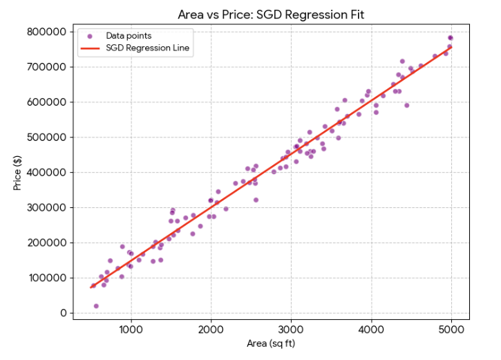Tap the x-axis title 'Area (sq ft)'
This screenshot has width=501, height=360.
(x=271, y=343)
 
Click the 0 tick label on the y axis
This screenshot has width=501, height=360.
(x=63, y=314)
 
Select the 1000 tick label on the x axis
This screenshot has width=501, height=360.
(x=131, y=328)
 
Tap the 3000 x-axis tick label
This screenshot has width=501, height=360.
(x=291, y=328)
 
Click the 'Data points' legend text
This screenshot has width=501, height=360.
(x=129, y=35)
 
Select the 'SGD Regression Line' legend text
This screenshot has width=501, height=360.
(x=148, y=48)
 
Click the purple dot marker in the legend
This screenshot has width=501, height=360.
(x=90, y=35)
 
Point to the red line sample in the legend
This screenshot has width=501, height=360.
(x=90, y=48)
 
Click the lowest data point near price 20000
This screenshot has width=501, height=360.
(x=96, y=306)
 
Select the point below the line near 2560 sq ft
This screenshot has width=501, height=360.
(x=256, y=200)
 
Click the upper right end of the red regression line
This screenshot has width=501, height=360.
(x=451, y=47)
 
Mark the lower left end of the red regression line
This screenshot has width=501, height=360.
(x=91, y=287)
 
